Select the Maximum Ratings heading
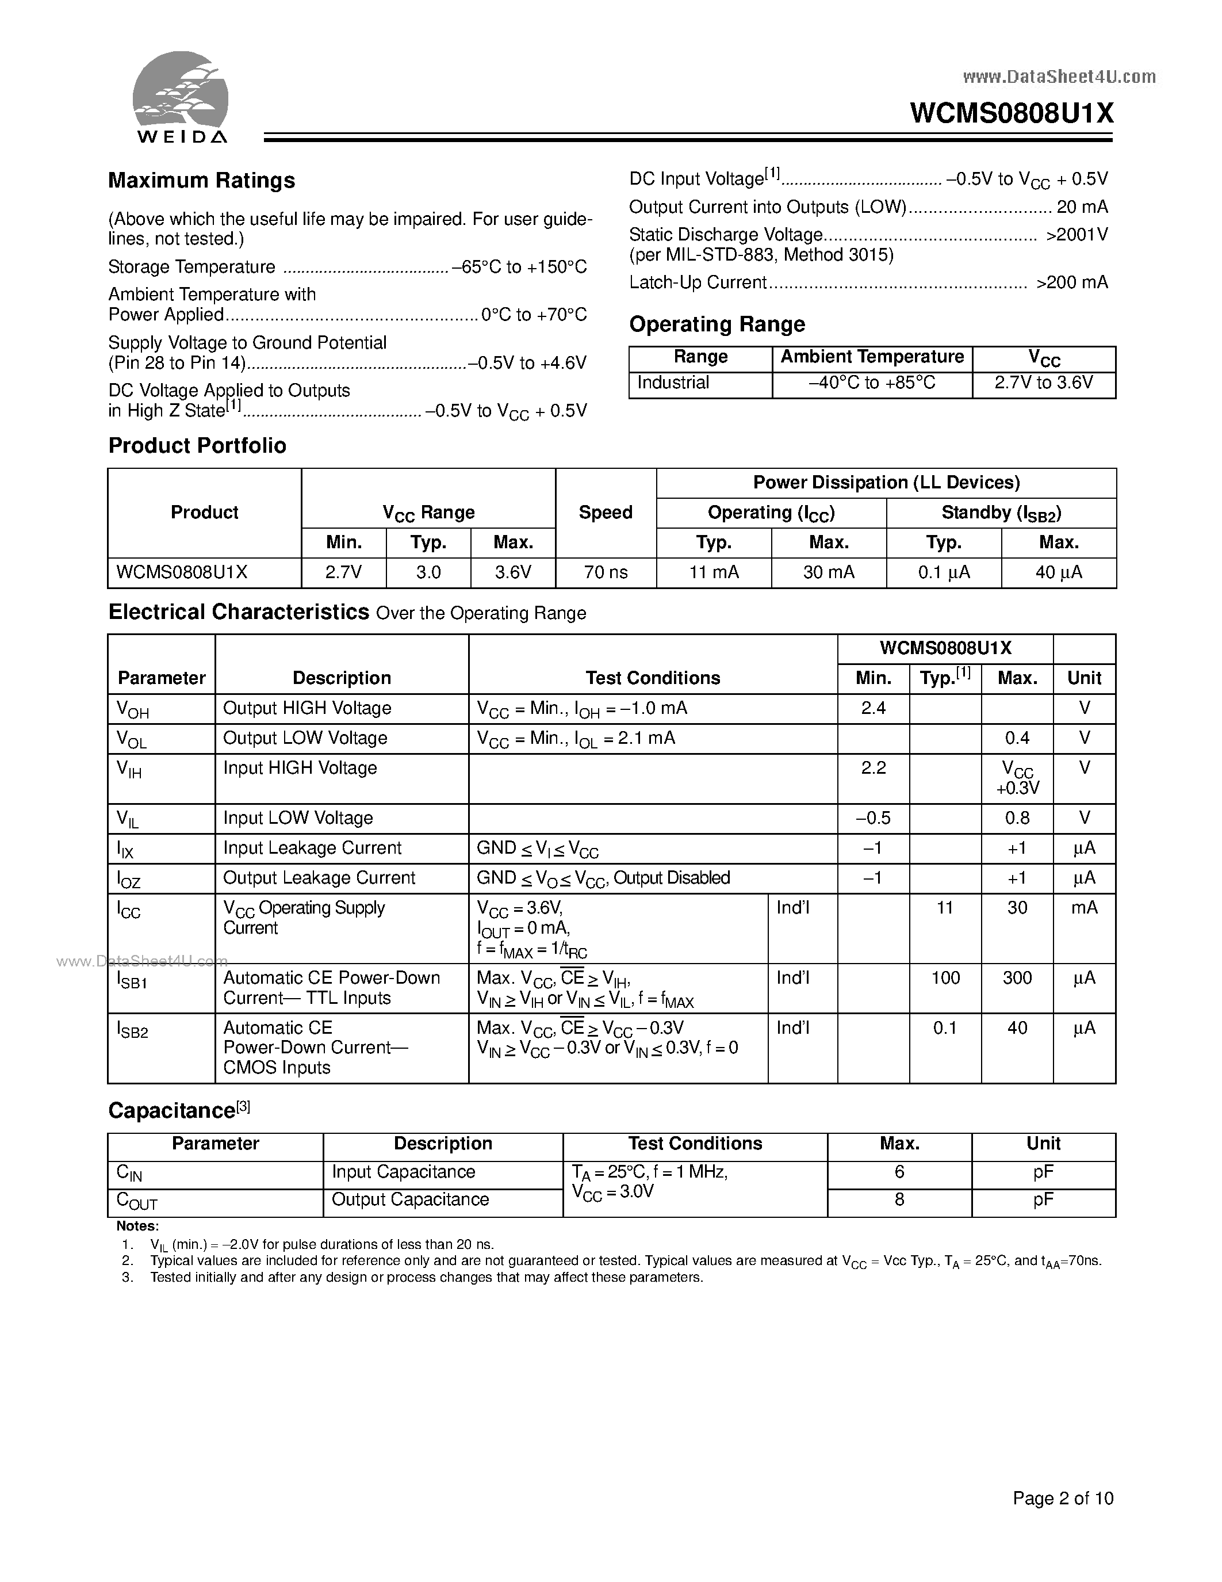(x=201, y=181)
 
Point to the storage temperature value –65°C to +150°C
(x=519, y=268)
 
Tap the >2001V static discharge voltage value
(x=1077, y=235)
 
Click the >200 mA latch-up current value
(x=1071, y=282)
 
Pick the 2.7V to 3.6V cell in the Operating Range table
(x=1043, y=383)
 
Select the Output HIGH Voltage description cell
(x=307, y=708)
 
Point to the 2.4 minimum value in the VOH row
(x=873, y=708)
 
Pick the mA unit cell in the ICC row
(x=1084, y=908)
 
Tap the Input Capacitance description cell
(x=403, y=1172)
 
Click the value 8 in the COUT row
(x=899, y=1199)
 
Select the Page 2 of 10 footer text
(x=1062, y=1498)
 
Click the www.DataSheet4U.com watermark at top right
(x=1059, y=77)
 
